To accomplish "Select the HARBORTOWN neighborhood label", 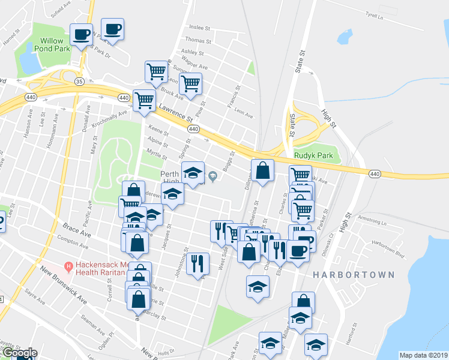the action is [354, 275].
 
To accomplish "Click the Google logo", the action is [19, 353].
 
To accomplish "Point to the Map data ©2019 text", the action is [423, 355].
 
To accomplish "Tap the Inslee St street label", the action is [200, 28].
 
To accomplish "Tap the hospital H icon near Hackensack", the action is [69, 266].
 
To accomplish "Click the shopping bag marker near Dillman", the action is [262, 170].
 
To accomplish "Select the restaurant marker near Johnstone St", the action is [197, 262].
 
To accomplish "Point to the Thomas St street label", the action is [199, 40].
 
